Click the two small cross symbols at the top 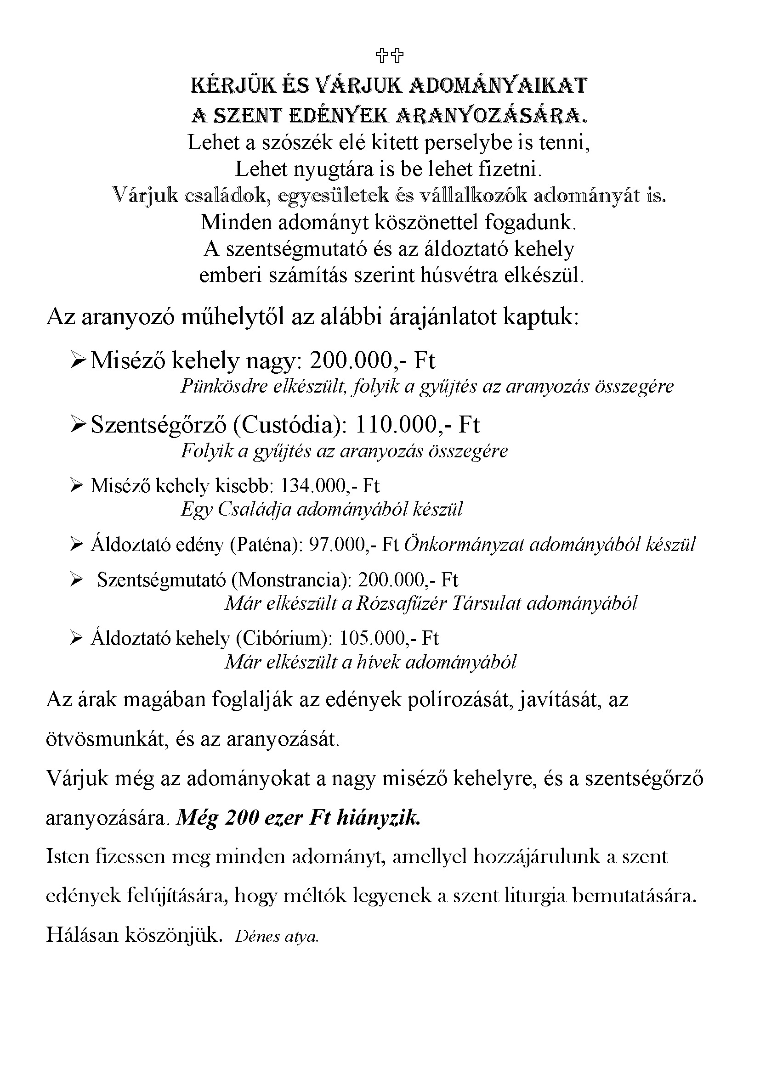[x=389, y=56]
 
